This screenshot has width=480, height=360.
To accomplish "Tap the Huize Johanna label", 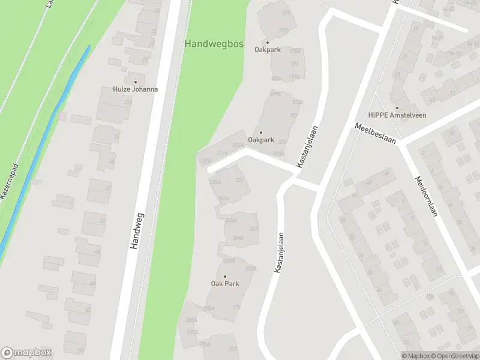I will [136, 89].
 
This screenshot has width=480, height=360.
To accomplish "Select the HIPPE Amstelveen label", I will [397, 115].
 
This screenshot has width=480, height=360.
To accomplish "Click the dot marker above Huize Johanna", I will [135, 82].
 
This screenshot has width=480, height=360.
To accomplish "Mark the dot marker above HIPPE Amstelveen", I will [395, 107].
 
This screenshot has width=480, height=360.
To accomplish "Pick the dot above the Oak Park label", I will [225, 277].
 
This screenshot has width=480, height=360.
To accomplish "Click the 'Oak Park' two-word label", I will [225, 284].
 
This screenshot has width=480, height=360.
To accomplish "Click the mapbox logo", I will [26, 353].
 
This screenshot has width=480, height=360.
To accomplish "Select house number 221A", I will [238, 145].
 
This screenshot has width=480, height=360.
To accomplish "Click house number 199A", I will [275, 94].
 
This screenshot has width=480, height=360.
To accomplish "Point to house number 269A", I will [238, 238].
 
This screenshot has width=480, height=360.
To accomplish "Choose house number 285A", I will [192, 321].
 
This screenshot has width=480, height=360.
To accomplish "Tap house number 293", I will [232, 349].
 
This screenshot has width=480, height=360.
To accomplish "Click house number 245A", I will [230, 220].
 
